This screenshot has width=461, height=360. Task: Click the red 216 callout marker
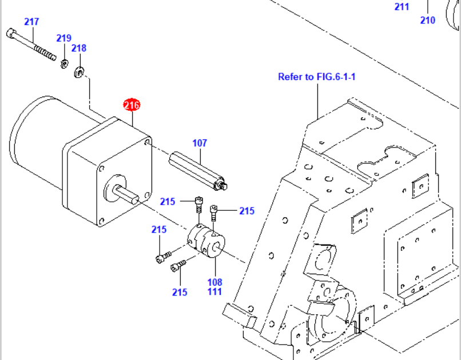(132, 105)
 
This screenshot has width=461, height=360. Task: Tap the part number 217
(31, 22)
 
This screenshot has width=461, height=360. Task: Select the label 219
(63, 38)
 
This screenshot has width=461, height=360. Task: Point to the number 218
(79, 48)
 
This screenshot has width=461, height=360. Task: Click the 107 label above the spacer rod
(199, 143)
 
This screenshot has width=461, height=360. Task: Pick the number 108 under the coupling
(214, 282)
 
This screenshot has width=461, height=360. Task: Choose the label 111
(214, 292)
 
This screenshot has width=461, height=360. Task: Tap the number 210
(428, 21)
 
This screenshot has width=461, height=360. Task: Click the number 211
(402, 7)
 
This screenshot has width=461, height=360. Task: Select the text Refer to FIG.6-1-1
(317, 77)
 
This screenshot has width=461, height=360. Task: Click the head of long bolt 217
(10, 32)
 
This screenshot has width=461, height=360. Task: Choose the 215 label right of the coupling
(247, 211)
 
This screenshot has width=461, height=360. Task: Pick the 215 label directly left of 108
(180, 292)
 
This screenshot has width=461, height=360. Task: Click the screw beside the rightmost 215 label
(214, 212)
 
